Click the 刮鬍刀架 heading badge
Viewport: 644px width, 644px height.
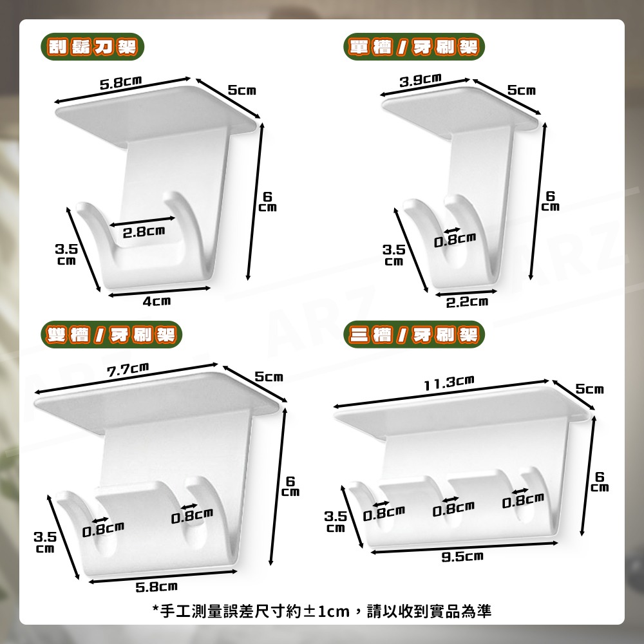(92, 47)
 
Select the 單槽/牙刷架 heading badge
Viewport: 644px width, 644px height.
(414, 47)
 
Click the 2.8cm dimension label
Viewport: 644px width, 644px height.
(144, 232)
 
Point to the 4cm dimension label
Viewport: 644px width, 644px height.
(156, 301)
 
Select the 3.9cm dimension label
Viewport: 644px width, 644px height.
(421, 80)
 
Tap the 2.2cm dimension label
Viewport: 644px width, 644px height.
(468, 302)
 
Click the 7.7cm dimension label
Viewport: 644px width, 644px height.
(128, 369)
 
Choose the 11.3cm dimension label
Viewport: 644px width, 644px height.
(449, 383)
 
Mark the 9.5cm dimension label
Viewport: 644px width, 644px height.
(462, 556)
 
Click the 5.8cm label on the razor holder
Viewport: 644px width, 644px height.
(121, 82)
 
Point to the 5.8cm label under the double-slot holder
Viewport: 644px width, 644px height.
(156, 587)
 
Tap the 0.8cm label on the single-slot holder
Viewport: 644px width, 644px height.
(455, 240)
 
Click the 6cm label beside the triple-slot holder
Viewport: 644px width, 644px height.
(600, 482)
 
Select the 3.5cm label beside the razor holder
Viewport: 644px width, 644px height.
(66, 254)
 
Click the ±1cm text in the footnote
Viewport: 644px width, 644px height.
(326, 611)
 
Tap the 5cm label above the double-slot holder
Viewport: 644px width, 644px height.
(269, 377)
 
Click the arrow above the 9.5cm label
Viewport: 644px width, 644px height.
(464, 547)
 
